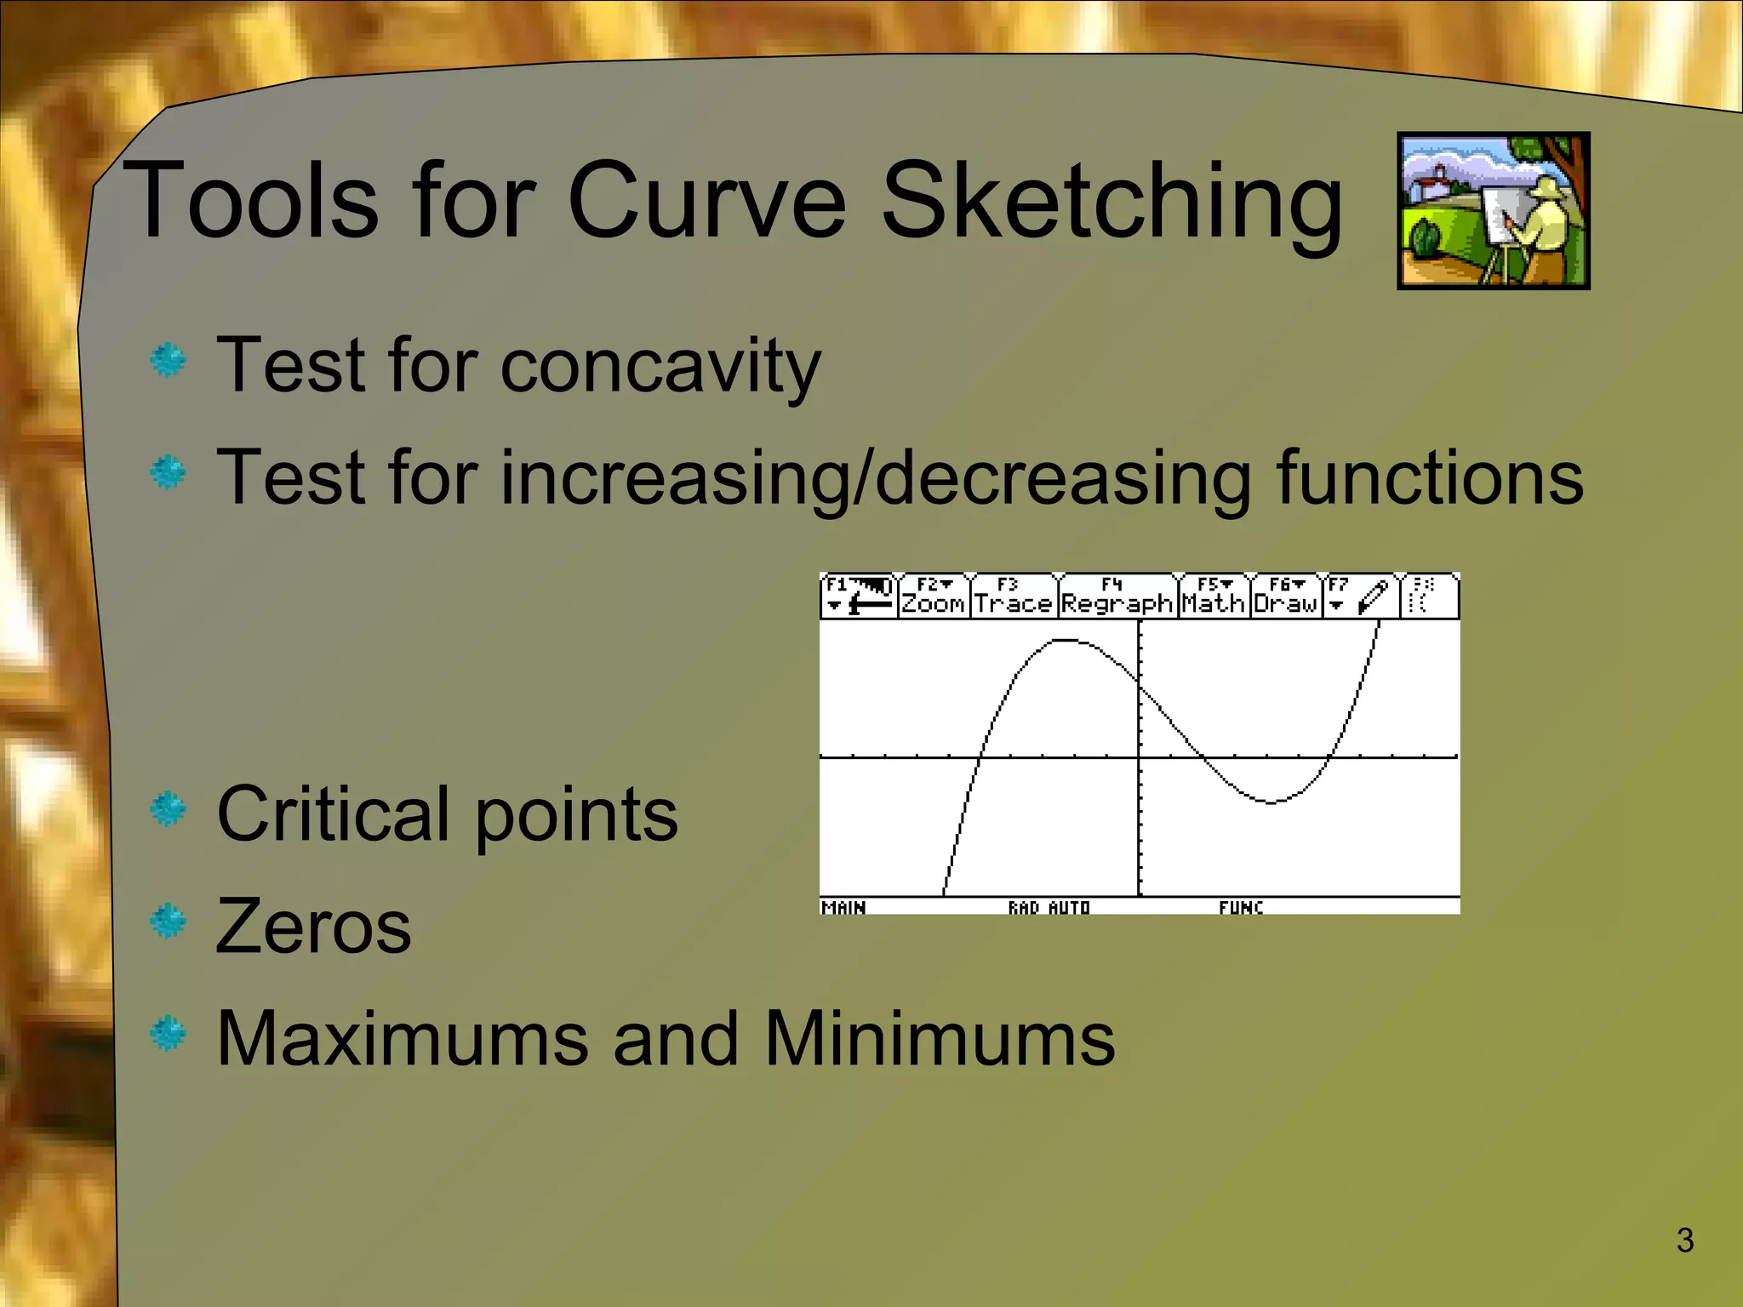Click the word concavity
point(660,366)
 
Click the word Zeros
point(313,927)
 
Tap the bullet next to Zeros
point(169,922)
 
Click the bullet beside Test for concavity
point(169,361)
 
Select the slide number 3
point(1684,1241)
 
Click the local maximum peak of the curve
point(1064,640)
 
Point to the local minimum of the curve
point(1271,802)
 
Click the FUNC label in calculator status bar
point(1240,907)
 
